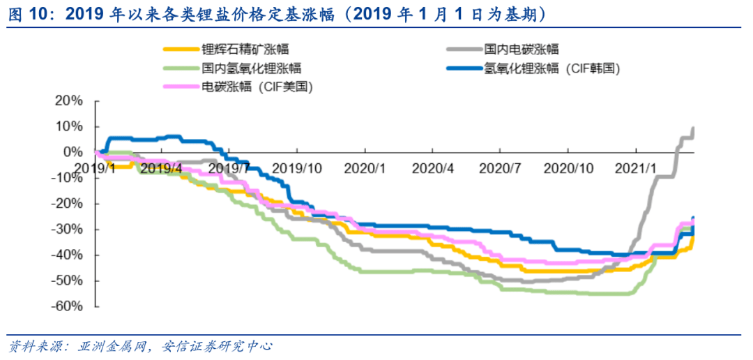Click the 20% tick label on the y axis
coord(69,100)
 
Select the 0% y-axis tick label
coord(73,152)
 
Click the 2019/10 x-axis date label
coord(297,168)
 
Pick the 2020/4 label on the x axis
coord(432,168)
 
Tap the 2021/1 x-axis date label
coord(634,168)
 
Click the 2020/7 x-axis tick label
coord(500,168)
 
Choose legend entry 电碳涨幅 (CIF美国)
coord(257,87)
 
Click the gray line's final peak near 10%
coord(693,128)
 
